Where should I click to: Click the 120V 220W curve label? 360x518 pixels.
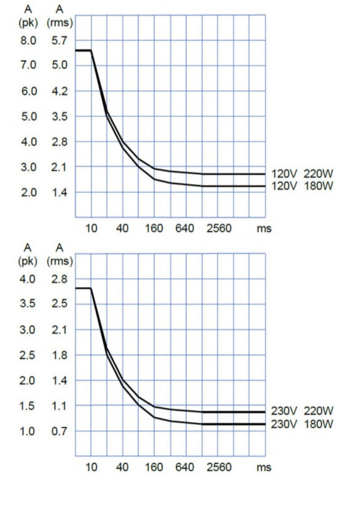[x=302, y=173]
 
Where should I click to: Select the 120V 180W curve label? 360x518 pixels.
[x=302, y=185]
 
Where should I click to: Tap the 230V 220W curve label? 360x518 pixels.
[x=302, y=411]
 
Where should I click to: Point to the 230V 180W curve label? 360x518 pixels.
[x=302, y=424]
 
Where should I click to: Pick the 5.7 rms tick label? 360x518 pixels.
[x=59, y=41]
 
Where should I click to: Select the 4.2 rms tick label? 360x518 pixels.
[x=59, y=91]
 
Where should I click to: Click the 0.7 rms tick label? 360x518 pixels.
[x=59, y=431]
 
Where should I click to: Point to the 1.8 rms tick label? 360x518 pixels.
[x=59, y=355]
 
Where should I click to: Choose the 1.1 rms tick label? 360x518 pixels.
[x=59, y=405]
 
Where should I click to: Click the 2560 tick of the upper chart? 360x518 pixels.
[x=219, y=228]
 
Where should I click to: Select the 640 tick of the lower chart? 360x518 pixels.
[x=185, y=467]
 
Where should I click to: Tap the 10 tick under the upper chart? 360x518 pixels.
[x=91, y=228]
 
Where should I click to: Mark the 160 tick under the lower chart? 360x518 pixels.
[x=154, y=467]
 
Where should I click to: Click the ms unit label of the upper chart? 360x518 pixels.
[x=264, y=229]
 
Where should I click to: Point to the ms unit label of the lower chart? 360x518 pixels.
[x=264, y=467]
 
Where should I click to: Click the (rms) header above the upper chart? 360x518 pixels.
[x=59, y=21]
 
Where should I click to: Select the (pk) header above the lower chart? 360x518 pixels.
[x=28, y=260]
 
